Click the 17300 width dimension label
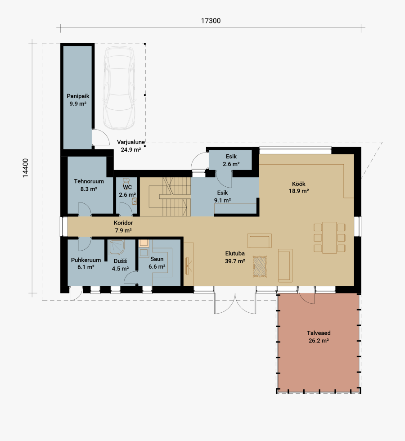pyautogui.click(x=211, y=21)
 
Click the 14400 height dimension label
pyautogui.click(x=26, y=168)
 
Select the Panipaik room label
pyautogui.click(x=77, y=100)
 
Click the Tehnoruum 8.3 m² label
pyautogui.click(x=89, y=185)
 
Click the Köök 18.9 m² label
pyautogui.click(x=298, y=187)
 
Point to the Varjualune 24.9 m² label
pyautogui.click(x=130, y=146)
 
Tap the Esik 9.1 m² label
pyautogui.click(x=222, y=197)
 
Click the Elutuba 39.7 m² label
pyautogui.click(x=235, y=257)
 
